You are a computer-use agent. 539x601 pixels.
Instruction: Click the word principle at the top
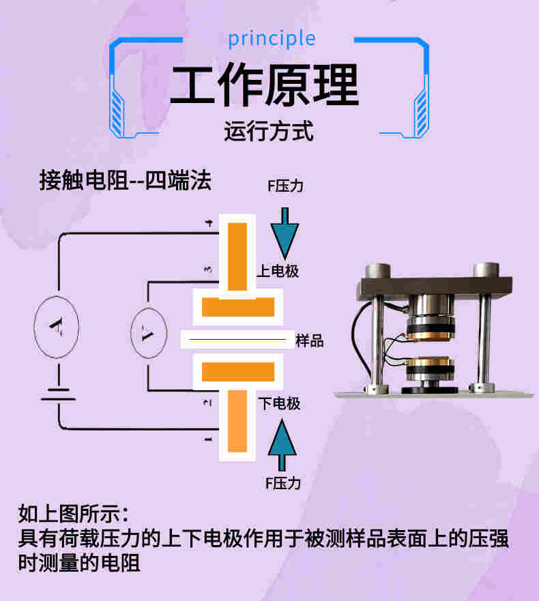272,38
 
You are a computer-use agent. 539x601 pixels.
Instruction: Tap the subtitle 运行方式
269,130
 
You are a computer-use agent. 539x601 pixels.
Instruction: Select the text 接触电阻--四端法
126,181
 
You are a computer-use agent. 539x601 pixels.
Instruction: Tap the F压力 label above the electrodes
285,186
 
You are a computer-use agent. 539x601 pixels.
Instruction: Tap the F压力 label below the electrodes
282,484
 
